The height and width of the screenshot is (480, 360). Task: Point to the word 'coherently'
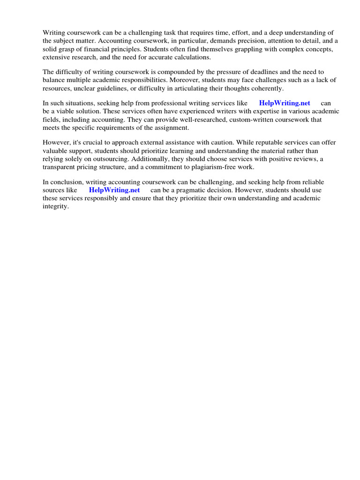pos(267,88)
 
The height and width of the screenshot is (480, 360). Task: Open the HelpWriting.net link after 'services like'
pos(285,103)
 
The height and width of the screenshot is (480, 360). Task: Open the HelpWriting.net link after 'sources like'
pos(114,190)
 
